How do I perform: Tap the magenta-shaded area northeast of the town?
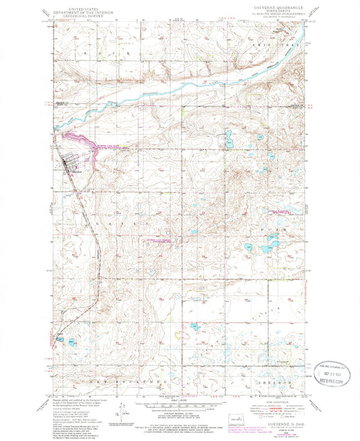click(84, 143)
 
